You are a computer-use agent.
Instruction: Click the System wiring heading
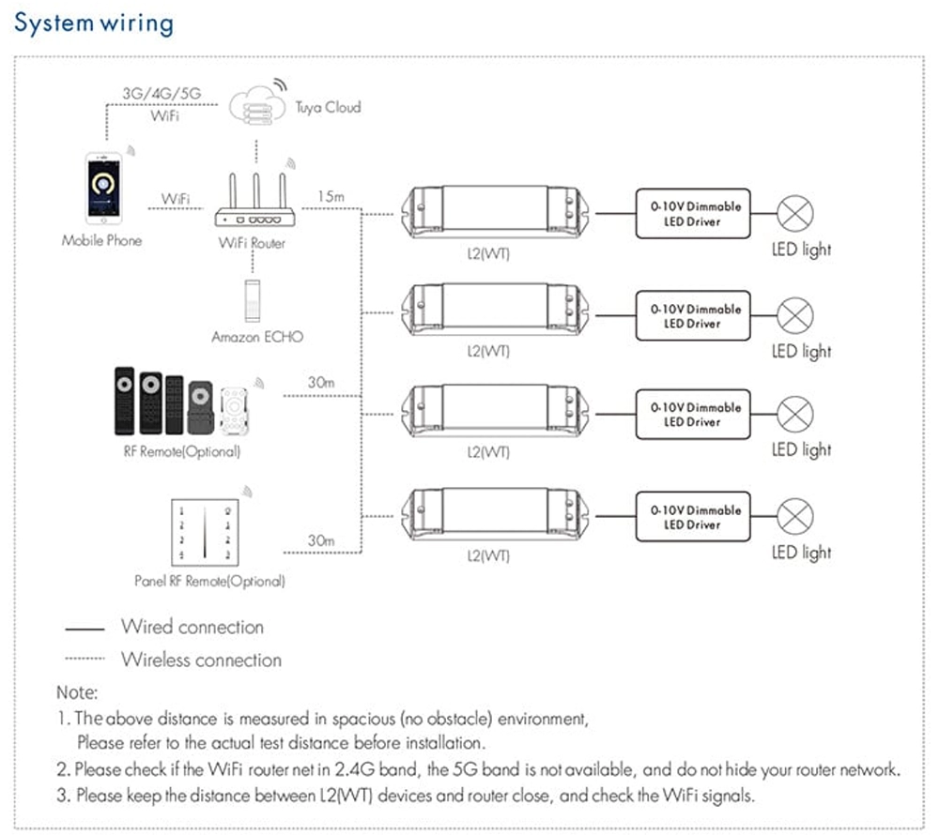click(94, 23)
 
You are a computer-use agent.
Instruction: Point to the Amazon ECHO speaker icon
click(251, 301)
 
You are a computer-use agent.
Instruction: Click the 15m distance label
click(331, 197)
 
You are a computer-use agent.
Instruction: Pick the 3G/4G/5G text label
click(162, 95)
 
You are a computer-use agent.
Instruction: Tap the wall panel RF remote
click(199, 533)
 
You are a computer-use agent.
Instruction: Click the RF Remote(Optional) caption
click(182, 451)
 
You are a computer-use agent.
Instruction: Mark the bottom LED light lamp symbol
click(797, 515)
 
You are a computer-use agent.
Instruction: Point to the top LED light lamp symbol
click(797, 215)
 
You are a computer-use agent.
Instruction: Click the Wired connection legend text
click(192, 627)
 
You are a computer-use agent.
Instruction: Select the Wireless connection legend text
click(201, 660)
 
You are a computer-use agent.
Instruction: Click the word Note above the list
click(76, 693)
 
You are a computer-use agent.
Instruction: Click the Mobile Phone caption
click(101, 240)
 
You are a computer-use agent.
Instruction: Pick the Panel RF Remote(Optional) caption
click(209, 582)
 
